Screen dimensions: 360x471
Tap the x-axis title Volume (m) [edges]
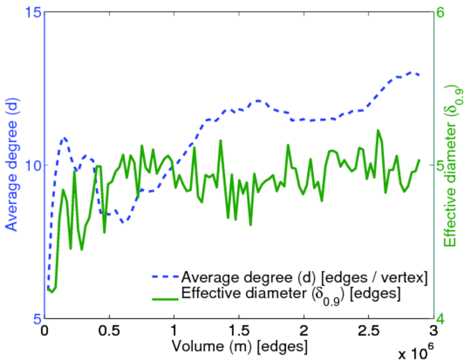240,347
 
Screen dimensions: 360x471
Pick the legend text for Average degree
304,277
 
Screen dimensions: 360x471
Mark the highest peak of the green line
378,130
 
